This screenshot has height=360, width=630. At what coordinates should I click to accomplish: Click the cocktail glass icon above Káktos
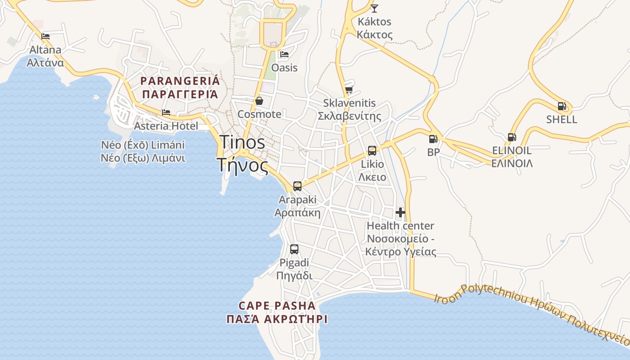tap(374, 8)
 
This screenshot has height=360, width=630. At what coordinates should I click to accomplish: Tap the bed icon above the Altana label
tap(45, 36)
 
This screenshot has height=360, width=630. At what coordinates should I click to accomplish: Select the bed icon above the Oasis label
tap(284, 55)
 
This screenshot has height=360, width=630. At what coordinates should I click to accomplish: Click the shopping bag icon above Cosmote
tap(259, 101)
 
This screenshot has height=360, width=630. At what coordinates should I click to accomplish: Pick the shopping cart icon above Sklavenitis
tap(349, 90)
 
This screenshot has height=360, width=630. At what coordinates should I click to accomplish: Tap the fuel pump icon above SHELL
tap(562, 106)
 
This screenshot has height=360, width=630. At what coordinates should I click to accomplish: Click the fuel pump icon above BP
tap(433, 139)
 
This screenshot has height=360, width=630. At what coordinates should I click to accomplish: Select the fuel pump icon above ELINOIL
tap(512, 137)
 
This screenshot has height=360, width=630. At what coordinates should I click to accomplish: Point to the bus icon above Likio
tap(372, 151)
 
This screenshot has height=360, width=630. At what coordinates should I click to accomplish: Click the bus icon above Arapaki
tap(297, 186)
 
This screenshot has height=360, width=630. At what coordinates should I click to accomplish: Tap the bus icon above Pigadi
tap(294, 249)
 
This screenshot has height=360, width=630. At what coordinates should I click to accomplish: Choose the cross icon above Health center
tap(400, 212)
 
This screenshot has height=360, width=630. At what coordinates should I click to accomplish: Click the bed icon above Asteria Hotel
tap(166, 112)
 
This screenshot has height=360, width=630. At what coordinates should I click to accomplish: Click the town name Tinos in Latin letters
tap(242, 143)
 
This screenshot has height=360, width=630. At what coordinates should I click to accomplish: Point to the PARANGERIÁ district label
tap(180, 81)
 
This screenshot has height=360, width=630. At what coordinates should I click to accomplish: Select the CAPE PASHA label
tap(277, 306)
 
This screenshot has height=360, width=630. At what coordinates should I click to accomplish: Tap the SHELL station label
tap(562, 120)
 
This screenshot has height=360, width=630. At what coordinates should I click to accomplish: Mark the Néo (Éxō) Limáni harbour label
tap(143, 145)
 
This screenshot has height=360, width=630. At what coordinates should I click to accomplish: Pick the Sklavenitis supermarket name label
tap(350, 103)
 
